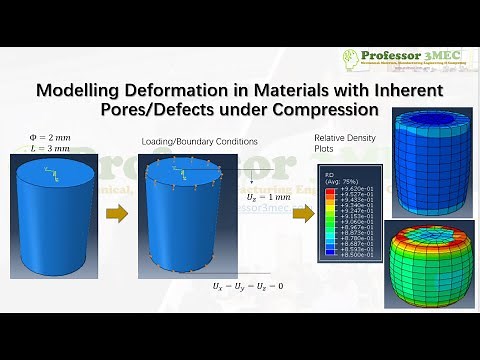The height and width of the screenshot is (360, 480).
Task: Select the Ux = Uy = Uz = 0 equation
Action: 246,286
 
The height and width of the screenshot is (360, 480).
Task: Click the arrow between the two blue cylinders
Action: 119,212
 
